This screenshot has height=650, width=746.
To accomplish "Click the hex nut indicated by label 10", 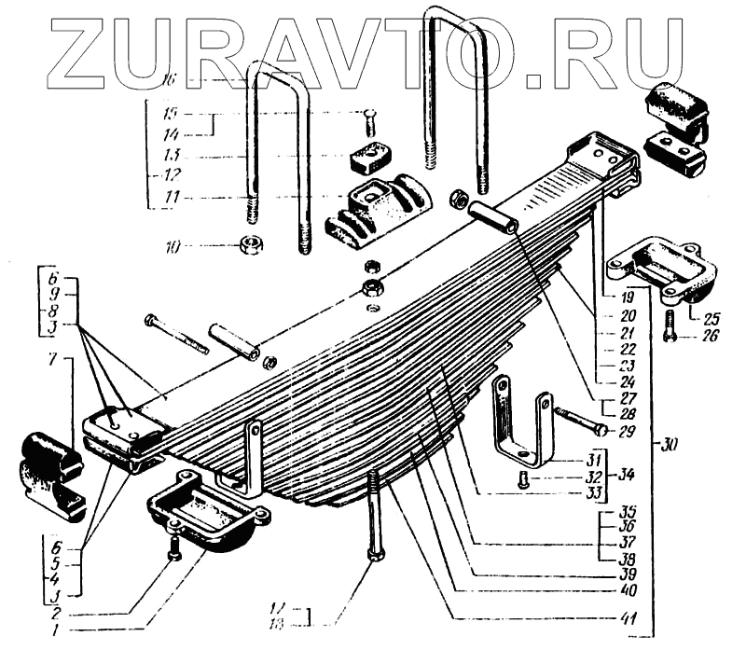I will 251,245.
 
